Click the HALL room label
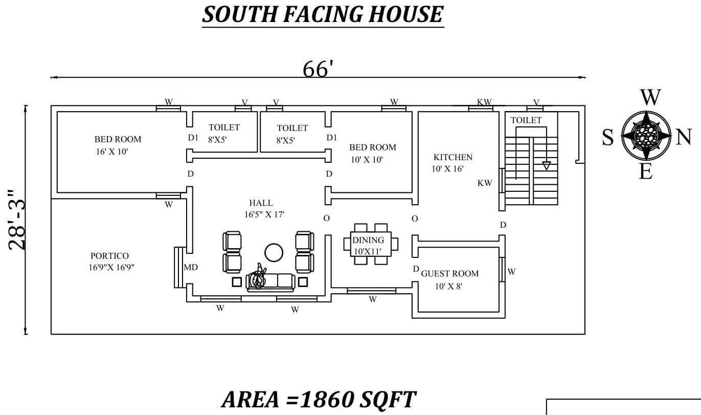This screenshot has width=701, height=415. pyautogui.click(x=261, y=203)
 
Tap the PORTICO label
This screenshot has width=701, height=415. pyautogui.click(x=109, y=256)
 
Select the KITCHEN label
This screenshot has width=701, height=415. pyautogui.click(x=453, y=157)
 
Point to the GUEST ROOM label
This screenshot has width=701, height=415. pyautogui.click(x=450, y=273)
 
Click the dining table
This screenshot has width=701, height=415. pyautogui.click(x=371, y=244)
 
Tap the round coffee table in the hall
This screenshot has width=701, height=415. pyautogui.click(x=274, y=252)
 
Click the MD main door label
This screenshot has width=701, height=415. pyautogui.click(x=191, y=267)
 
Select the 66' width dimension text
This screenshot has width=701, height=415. pyautogui.click(x=318, y=69)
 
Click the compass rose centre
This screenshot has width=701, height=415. pyautogui.click(x=646, y=136)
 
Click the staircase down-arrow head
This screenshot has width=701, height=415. pyautogui.click(x=547, y=166)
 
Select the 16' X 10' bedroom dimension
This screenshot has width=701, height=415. pyautogui.click(x=112, y=151)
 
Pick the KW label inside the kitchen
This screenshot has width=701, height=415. pyautogui.click(x=485, y=183)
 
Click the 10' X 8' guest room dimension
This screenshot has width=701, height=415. pyautogui.click(x=448, y=286)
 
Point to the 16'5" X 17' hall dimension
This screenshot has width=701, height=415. pyautogui.click(x=264, y=214)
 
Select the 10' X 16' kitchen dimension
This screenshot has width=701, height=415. pyautogui.click(x=447, y=169)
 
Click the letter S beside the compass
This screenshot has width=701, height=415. pyautogui.click(x=608, y=138)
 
